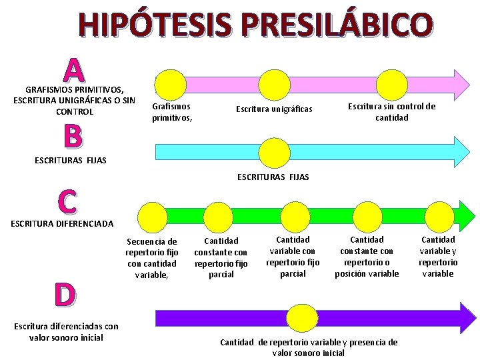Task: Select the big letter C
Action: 67,202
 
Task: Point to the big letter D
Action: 65,295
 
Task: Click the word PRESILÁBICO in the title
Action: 336,25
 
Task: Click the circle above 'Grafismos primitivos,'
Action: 171,85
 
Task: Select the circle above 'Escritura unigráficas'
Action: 274,85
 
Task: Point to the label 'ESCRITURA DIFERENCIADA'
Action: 62,224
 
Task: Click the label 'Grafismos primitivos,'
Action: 172,112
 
